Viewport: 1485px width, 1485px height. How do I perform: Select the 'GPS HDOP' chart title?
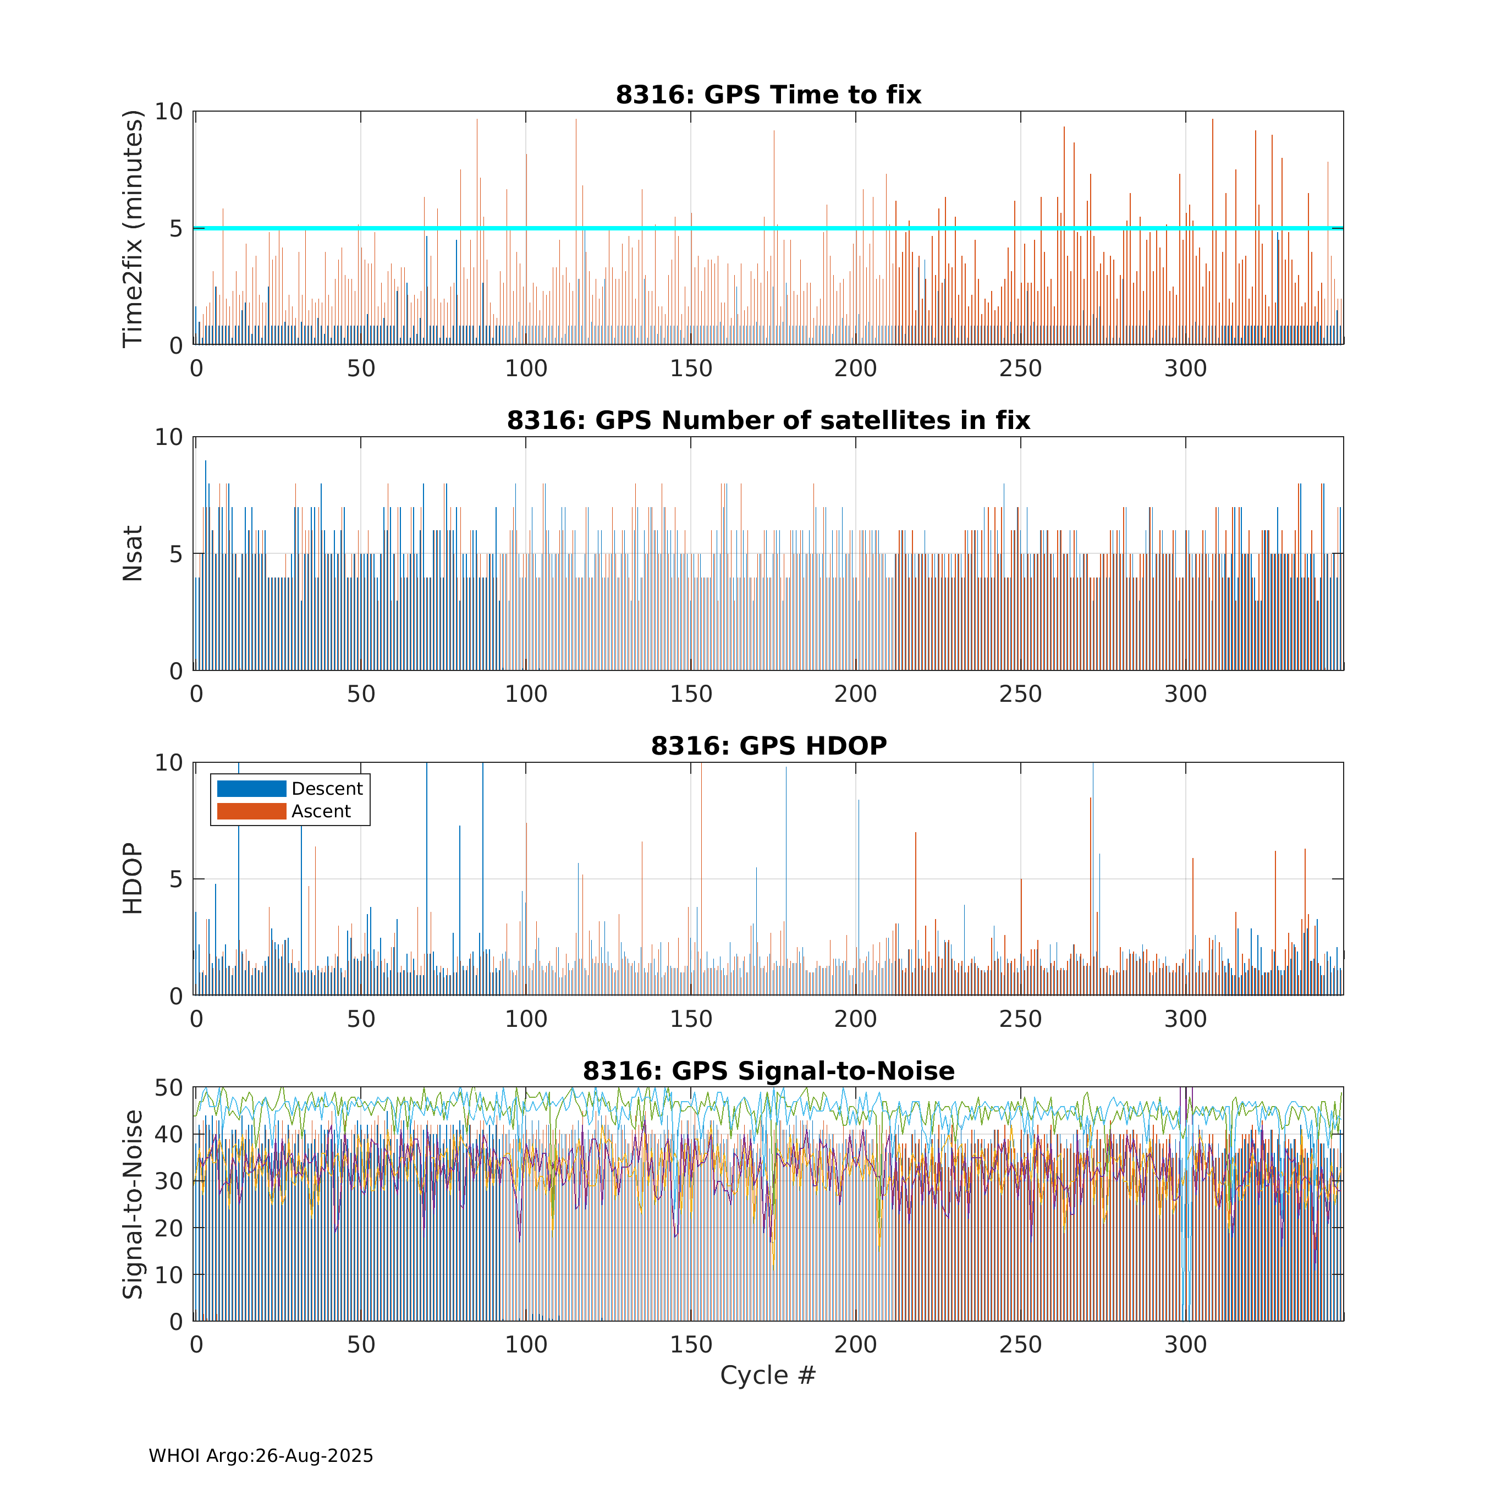(x=769, y=746)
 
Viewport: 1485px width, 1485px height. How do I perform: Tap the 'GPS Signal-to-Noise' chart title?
(x=769, y=1071)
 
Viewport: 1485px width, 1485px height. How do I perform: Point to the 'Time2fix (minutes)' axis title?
(x=133, y=228)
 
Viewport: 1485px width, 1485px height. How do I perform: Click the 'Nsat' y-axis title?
(x=133, y=553)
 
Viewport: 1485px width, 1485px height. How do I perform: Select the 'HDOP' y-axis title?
(x=133, y=878)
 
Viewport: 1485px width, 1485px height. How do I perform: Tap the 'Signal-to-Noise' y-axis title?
(x=133, y=1204)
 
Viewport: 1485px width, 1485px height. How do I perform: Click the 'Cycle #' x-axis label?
(x=768, y=1375)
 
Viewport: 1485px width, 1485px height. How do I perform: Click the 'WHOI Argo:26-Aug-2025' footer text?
(x=261, y=1456)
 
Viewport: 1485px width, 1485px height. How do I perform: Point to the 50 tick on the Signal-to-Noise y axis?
(x=169, y=1087)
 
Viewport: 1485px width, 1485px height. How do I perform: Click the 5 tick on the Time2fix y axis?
(x=177, y=228)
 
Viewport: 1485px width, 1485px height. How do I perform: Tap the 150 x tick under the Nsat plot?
(x=691, y=694)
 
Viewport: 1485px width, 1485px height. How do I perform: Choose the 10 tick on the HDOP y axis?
(x=169, y=762)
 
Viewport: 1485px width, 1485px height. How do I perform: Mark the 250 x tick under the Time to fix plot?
(x=1021, y=369)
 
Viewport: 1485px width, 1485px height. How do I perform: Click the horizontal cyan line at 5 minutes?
(x=769, y=228)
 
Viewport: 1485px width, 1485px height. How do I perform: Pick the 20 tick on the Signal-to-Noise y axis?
(x=169, y=1228)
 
